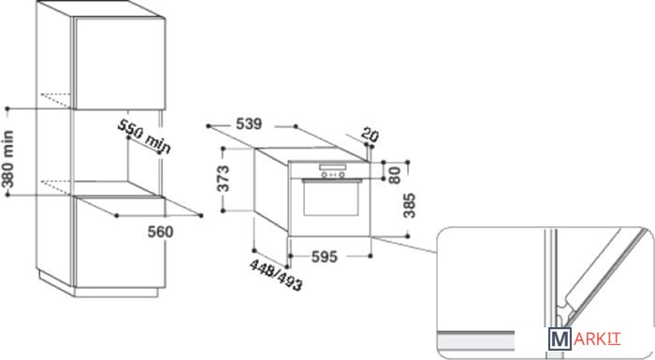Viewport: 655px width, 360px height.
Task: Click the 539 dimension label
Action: pos(249,124)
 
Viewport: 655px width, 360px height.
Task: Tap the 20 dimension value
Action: pos(370,135)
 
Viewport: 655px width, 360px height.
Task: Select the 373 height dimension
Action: pos(224,179)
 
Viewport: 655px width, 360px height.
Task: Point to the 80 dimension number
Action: pos(394,176)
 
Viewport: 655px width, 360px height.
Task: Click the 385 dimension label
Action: pos(409,205)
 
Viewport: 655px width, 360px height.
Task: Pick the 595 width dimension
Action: pos(324,257)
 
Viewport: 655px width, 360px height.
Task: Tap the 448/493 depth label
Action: pos(276,275)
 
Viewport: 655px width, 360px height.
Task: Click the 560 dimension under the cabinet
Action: pos(160,231)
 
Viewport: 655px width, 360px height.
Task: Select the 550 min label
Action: pos(144,137)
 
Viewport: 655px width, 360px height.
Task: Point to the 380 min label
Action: pos(7,159)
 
